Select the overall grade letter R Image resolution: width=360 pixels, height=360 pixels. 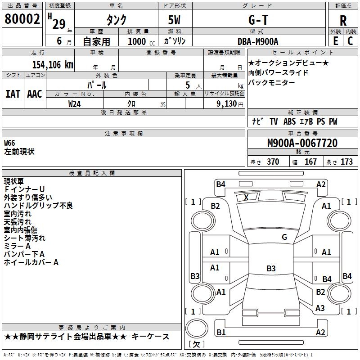click(x=343, y=21)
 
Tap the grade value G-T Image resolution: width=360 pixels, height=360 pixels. click(x=259, y=20)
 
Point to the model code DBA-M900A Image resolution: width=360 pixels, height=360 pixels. click(x=258, y=41)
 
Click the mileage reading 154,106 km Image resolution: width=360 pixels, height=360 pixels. click(x=52, y=64)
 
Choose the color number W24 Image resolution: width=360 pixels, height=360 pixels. click(x=75, y=103)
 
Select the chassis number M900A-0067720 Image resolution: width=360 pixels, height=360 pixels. click(x=302, y=143)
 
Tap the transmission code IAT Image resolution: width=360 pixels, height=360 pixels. click(x=13, y=94)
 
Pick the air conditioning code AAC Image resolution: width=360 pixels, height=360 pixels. click(x=35, y=94)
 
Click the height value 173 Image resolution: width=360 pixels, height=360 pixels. click(x=346, y=162)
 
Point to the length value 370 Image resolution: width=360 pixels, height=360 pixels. click(x=273, y=162)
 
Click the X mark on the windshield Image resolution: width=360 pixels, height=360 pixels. click(x=246, y=197)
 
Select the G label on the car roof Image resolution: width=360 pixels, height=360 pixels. click(x=284, y=237)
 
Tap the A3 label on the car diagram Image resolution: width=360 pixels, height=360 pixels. click(x=320, y=308)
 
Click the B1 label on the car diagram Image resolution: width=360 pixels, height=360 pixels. click(x=220, y=332)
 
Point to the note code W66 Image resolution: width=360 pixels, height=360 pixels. click(x=9, y=143)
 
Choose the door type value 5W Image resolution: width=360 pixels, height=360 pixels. click(x=176, y=20)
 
